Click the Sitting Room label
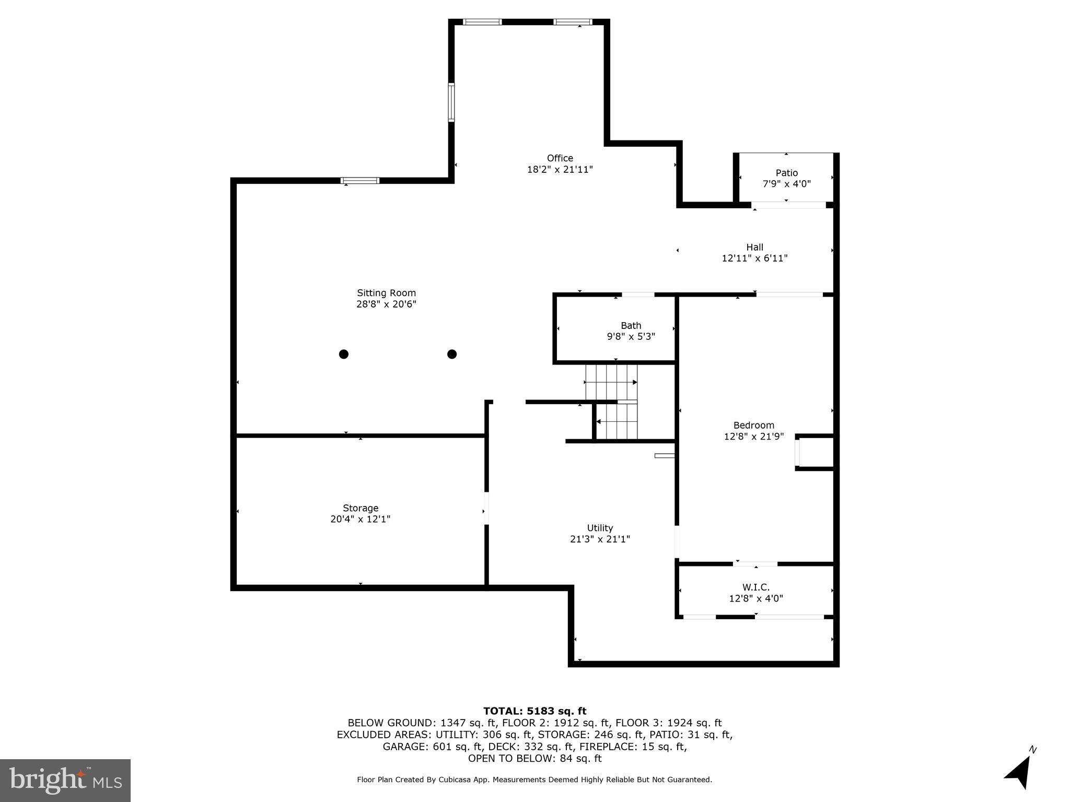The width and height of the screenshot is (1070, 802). tap(386, 293)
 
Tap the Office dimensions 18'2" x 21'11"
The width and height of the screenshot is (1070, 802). tap(560, 169)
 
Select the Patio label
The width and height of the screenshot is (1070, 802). tap(786, 173)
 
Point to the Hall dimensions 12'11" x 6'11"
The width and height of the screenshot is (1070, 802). tap(754, 258)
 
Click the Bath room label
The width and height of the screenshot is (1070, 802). tap(631, 325)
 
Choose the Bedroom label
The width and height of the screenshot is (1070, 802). tap(753, 425)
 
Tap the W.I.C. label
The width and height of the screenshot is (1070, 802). tap(755, 587)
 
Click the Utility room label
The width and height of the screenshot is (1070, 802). tap(600, 528)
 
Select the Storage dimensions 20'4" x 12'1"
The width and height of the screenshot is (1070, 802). tap(360, 519)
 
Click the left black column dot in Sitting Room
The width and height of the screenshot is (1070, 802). tap(343, 354)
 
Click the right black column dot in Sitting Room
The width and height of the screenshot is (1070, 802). tap(452, 354)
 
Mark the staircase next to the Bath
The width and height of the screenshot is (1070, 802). tap(611, 402)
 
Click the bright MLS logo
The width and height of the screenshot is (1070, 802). tap(65, 780)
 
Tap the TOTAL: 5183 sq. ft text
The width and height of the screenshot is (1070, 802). tap(534, 711)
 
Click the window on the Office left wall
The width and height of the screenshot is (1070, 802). tap(451, 102)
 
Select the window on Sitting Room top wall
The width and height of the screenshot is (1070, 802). tap(360, 181)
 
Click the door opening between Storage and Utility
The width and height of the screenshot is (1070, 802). tap(486, 508)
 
